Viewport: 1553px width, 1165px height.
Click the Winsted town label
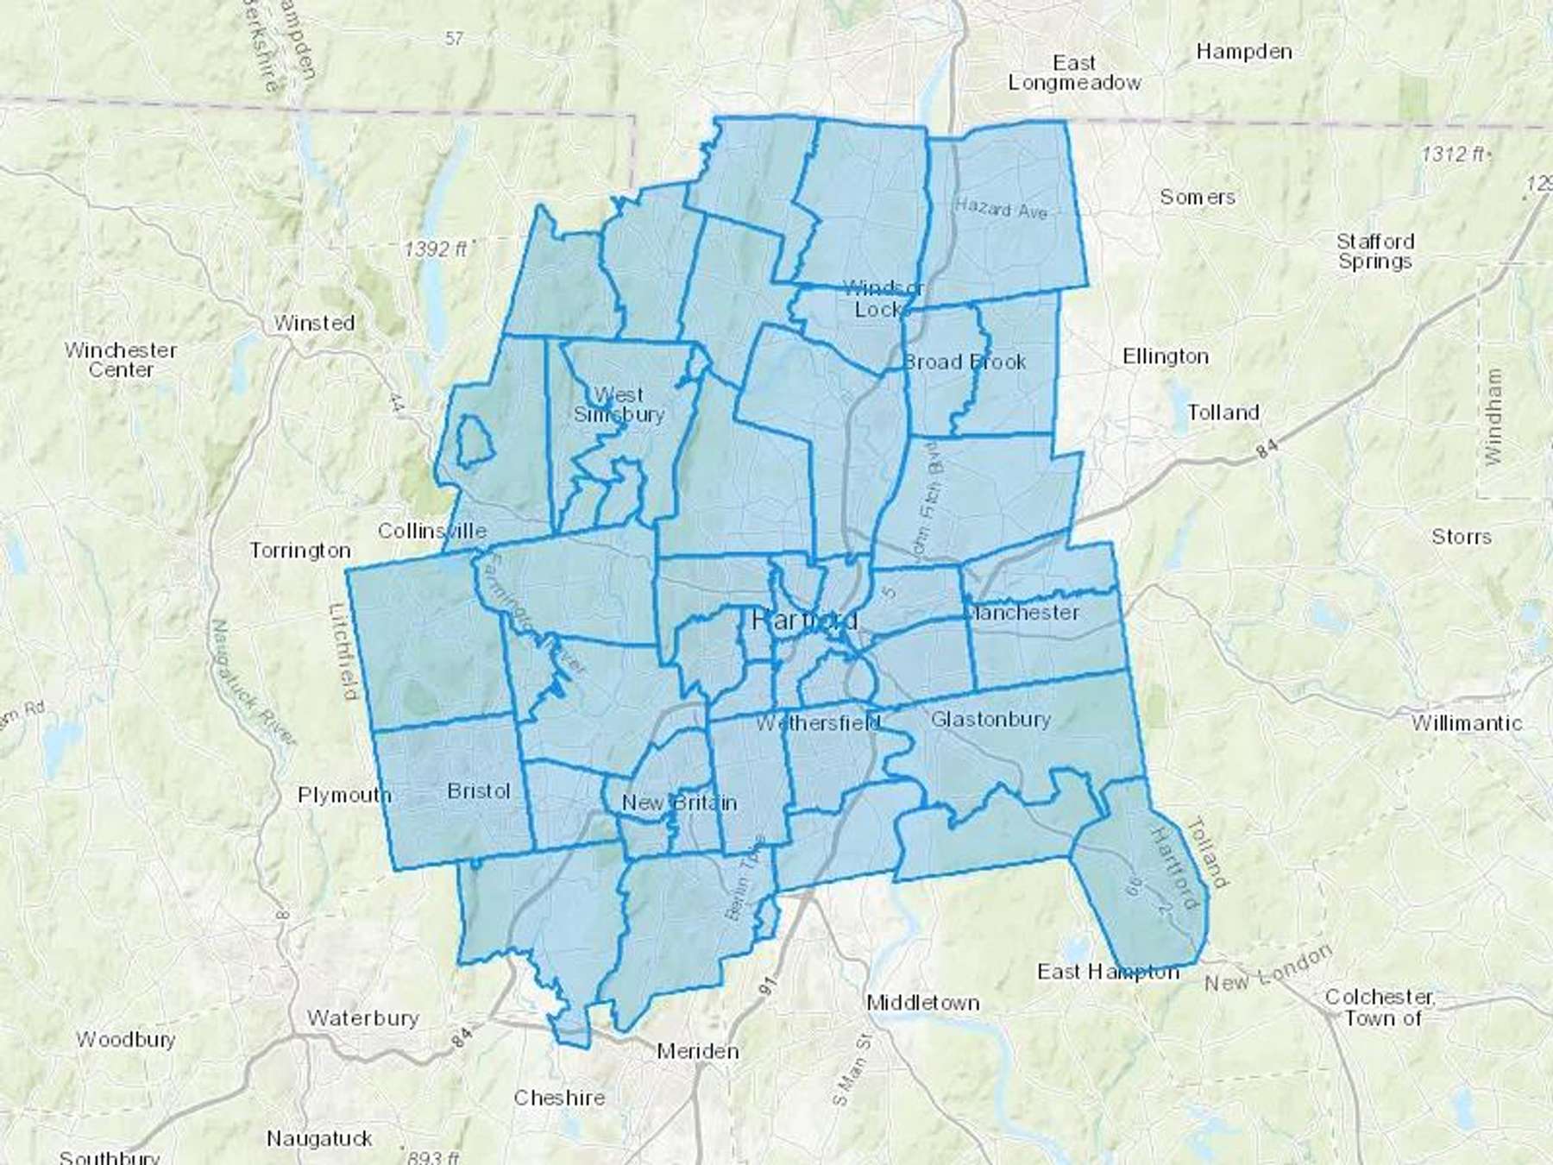(x=314, y=323)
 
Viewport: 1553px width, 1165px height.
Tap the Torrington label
(x=300, y=551)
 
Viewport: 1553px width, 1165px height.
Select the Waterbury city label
(x=362, y=1018)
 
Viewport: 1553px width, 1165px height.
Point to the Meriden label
(x=697, y=1051)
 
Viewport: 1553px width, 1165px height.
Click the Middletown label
(x=922, y=1003)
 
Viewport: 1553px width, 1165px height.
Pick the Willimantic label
(x=1466, y=723)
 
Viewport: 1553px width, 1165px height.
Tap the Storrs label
(x=1461, y=537)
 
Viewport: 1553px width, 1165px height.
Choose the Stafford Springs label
(x=1374, y=251)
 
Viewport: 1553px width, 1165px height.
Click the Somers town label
(x=1197, y=198)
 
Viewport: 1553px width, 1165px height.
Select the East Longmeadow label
(x=1074, y=73)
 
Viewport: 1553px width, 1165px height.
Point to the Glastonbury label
(x=990, y=719)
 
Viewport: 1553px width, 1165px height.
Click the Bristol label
(x=479, y=790)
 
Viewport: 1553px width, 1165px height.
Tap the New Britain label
(x=679, y=803)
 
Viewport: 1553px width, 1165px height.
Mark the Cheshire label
(x=559, y=1098)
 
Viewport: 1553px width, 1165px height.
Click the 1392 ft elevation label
(x=436, y=249)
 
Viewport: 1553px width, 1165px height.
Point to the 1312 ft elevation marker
(x=1455, y=154)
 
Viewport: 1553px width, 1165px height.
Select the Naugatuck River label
(x=253, y=682)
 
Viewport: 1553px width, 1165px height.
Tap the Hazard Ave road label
(x=1001, y=208)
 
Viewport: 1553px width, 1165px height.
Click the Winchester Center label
(x=121, y=360)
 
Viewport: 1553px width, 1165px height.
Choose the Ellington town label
(x=1165, y=356)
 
